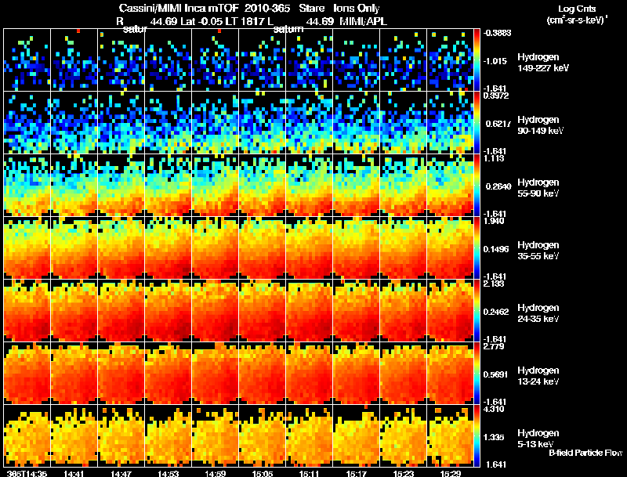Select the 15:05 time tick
point(262,473)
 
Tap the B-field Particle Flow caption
point(585,453)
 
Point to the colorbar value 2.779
point(494,346)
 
